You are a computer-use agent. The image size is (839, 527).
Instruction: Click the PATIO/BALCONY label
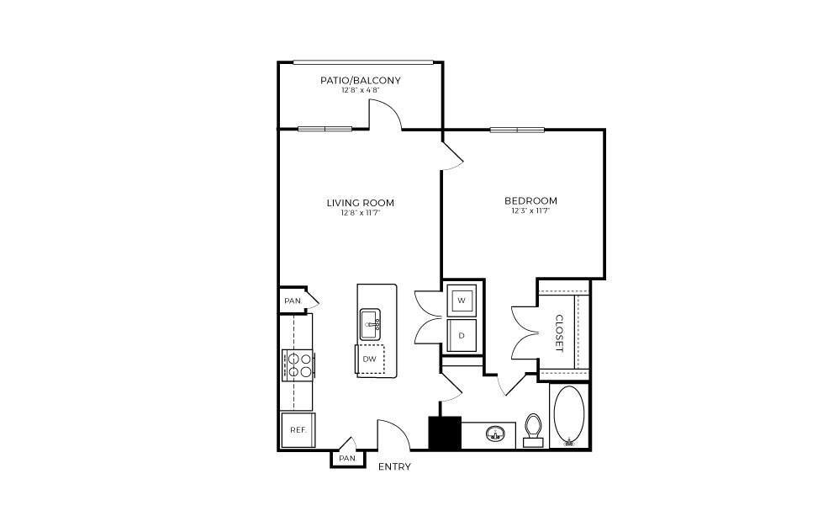(x=360, y=81)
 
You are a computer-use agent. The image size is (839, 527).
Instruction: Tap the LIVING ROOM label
(x=360, y=202)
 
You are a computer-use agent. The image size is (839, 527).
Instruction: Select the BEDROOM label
(x=530, y=200)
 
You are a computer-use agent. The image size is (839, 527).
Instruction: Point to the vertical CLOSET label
(x=558, y=333)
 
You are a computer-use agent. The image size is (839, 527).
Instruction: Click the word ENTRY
(x=394, y=466)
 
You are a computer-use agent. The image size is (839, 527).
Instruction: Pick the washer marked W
(x=462, y=300)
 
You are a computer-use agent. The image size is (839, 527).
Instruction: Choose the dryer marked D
(x=462, y=335)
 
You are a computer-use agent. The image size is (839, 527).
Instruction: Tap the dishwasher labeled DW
(x=369, y=359)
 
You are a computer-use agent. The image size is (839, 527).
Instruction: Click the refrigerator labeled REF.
(x=297, y=429)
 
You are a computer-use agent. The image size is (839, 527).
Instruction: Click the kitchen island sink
(x=371, y=322)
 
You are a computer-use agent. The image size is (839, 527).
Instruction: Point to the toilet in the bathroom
(x=533, y=429)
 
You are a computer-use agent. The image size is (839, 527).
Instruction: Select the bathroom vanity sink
(x=494, y=434)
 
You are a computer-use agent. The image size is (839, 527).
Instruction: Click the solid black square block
(x=445, y=433)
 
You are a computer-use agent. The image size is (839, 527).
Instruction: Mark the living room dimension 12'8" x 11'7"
(x=360, y=213)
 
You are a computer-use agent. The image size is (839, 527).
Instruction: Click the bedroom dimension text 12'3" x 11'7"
(x=530, y=211)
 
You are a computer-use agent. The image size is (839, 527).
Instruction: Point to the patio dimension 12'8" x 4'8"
(x=360, y=91)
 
